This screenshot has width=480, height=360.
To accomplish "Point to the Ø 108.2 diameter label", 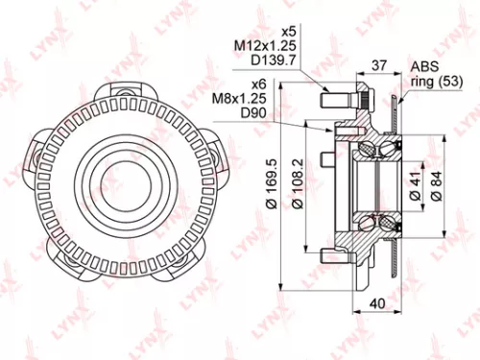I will [x=297, y=184].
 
